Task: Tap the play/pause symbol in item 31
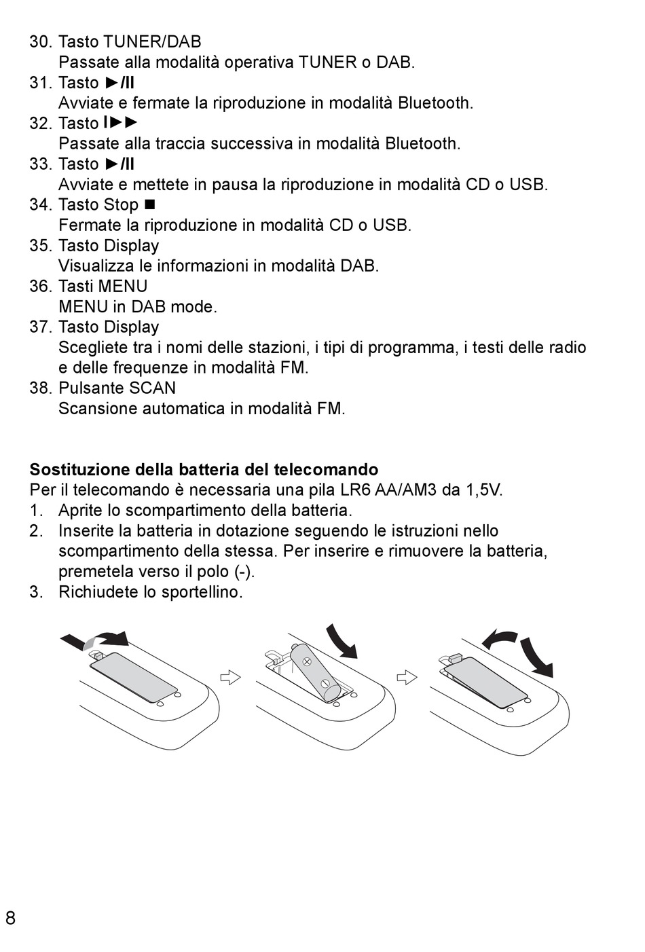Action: (x=120, y=83)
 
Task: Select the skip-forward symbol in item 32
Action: (x=121, y=123)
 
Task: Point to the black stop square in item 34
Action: (x=150, y=204)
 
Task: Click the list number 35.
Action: (x=41, y=246)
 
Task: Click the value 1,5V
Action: (x=481, y=490)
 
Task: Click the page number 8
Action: (x=10, y=919)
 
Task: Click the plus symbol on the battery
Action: (x=306, y=660)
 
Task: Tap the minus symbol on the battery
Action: (x=325, y=683)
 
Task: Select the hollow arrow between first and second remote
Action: (x=231, y=677)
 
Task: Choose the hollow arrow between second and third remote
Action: (x=406, y=677)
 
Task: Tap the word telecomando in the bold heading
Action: (x=326, y=470)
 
